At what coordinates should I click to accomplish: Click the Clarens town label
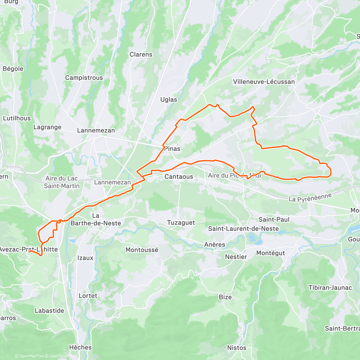click(141, 55)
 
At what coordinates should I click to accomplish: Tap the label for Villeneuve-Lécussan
click(264, 82)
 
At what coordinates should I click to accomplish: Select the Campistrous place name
click(84, 78)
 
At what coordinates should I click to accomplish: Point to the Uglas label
click(169, 100)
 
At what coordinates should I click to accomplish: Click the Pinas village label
click(172, 149)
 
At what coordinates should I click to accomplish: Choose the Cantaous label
click(178, 177)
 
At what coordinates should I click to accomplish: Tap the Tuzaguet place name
click(181, 223)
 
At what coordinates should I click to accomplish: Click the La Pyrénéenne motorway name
click(310, 197)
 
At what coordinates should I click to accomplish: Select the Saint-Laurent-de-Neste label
click(243, 229)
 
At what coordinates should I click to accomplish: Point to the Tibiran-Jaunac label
click(330, 288)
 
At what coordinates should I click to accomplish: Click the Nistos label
click(237, 348)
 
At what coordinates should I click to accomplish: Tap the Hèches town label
click(80, 347)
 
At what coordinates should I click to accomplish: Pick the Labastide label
click(49, 310)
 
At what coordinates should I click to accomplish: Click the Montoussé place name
click(142, 250)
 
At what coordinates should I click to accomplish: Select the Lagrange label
click(47, 127)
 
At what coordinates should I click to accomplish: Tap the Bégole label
click(13, 69)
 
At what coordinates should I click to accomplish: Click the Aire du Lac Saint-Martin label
click(61, 182)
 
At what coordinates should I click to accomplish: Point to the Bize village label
click(225, 297)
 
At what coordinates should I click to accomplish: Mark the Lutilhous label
click(17, 118)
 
